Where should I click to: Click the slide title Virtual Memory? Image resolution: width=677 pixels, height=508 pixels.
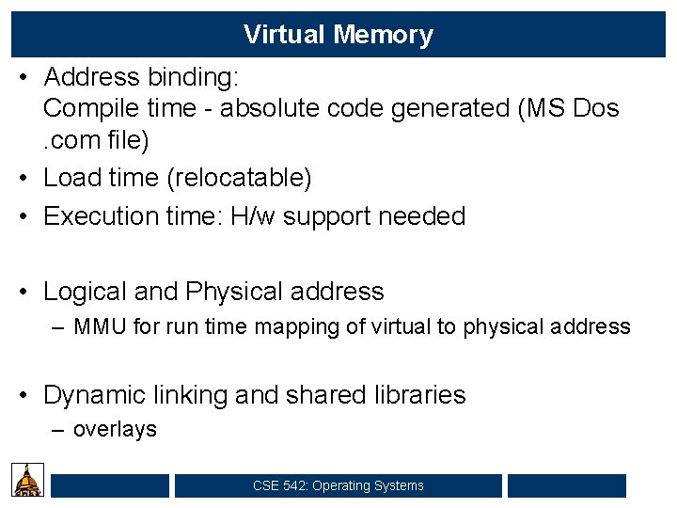[x=338, y=35]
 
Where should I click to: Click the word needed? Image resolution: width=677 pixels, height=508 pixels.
[x=421, y=216]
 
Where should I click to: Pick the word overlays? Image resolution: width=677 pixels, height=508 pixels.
[x=115, y=430]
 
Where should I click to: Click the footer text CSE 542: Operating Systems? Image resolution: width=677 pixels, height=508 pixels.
[x=338, y=485]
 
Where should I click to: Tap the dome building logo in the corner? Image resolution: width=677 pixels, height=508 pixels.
[x=28, y=480]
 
